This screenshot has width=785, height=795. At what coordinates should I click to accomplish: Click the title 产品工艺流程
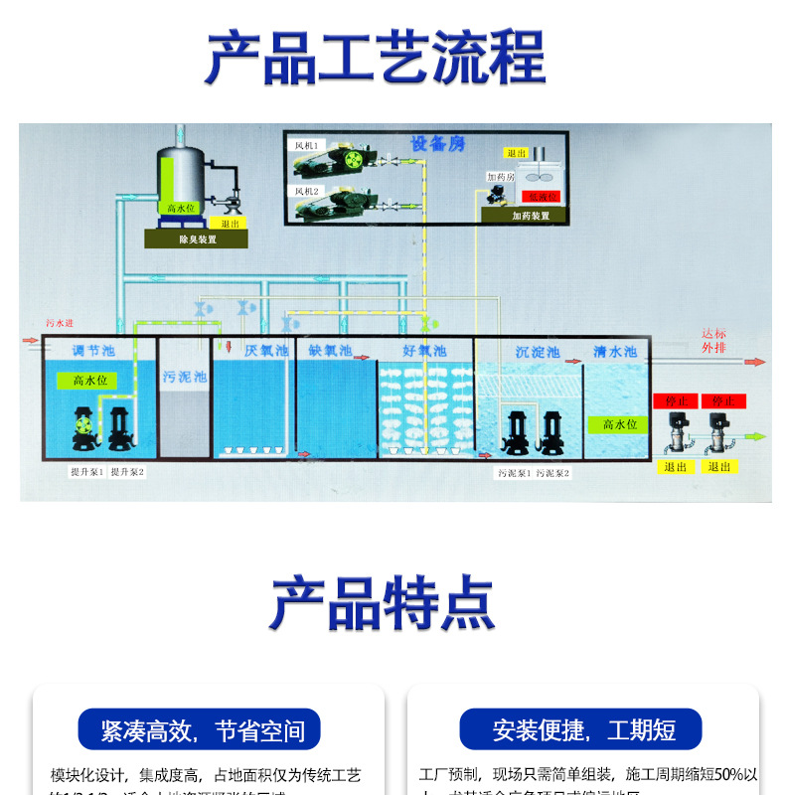point(375,59)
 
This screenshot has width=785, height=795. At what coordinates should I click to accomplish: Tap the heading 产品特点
point(383,602)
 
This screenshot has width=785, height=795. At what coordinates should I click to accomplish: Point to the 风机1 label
point(305,146)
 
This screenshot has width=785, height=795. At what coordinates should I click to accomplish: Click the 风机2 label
point(305,190)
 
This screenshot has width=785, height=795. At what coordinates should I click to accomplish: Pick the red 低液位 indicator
point(543,197)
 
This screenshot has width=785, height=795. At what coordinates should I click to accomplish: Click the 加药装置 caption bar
point(530,215)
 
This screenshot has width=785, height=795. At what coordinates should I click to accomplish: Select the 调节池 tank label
point(91,351)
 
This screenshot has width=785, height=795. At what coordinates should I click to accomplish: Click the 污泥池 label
point(185,378)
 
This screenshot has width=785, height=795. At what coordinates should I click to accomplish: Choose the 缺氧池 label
point(330,351)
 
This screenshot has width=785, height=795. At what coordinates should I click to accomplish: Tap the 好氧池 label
point(424,351)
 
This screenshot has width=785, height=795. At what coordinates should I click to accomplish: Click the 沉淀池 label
point(538,352)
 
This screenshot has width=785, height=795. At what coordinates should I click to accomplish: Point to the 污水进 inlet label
point(59,323)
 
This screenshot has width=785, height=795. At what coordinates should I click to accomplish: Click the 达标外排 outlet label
point(713,341)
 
